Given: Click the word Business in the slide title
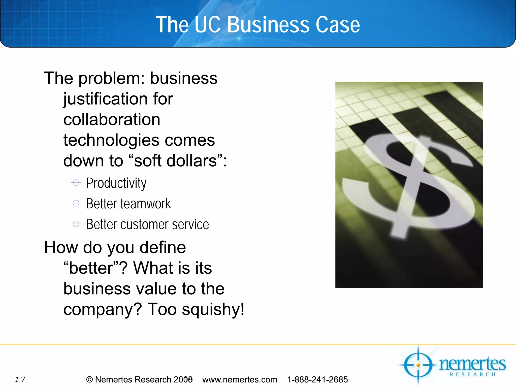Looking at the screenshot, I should (269, 25).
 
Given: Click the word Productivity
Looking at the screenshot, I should (116, 183).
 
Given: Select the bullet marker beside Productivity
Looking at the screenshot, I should (76, 182).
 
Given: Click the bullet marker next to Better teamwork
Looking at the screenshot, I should (76, 203).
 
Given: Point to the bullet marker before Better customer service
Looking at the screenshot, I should (76, 224).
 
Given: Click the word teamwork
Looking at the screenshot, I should (146, 204).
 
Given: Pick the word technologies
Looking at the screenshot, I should (111, 140).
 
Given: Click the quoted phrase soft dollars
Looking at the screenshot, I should (175, 161).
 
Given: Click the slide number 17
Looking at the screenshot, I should (20, 379).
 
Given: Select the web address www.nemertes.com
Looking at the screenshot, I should (240, 379).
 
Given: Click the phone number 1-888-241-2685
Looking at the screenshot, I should (317, 379).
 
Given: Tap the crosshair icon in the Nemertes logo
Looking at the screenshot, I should (418, 365).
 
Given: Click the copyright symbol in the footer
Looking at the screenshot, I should (89, 379).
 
